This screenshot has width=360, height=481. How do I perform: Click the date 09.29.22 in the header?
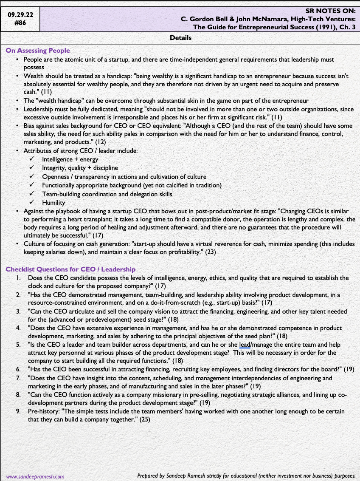(x=20, y=15)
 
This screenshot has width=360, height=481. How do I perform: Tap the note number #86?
(x=20, y=23)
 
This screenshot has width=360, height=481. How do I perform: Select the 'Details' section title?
(x=180, y=38)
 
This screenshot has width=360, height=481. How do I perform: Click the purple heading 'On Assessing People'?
(x=38, y=51)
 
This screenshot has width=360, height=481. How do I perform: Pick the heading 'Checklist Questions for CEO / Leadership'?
(x=70, y=269)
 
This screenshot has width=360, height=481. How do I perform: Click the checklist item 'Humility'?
(x=53, y=203)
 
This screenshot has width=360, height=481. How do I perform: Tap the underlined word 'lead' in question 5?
(x=245, y=345)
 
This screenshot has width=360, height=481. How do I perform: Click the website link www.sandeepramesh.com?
(x=35, y=476)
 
